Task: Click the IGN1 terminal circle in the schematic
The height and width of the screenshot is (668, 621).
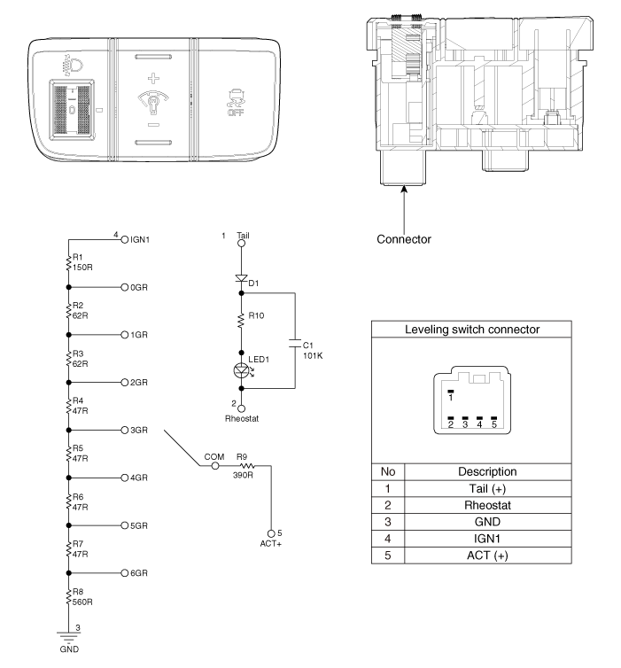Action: [x=124, y=239]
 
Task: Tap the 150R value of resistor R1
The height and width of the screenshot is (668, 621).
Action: [x=82, y=268]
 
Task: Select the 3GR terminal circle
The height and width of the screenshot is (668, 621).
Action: [x=124, y=431]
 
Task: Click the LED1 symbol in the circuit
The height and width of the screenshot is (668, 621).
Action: [x=242, y=370]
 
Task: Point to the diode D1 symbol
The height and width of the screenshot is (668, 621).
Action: [x=242, y=279]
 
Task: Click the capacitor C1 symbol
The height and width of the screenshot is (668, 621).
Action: [x=295, y=344]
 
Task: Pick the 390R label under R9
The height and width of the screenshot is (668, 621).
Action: [x=243, y=475]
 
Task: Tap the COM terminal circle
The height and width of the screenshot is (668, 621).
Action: [x=215, y=466]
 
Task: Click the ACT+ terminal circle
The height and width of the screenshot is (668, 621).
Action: [x=271, y=533]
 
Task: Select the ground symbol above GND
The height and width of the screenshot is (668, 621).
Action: [x=68, y=637]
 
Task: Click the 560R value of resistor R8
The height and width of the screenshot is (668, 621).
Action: [x=82, y=602]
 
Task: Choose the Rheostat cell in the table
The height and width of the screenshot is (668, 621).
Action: [x=488, y=505]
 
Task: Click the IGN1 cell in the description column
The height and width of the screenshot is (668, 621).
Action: [x=488, y=539]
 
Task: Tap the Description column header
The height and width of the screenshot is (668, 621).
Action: [x=488, y=471]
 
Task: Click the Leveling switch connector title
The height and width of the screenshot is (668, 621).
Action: [x=472, y=330]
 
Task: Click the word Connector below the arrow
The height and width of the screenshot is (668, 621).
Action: [x=404, y=239]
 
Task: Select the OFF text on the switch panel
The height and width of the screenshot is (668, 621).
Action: [x=236, y=113]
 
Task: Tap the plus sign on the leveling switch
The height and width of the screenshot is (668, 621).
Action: [x=153, y=78]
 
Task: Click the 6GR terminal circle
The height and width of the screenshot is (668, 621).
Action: [x=124, y=573]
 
